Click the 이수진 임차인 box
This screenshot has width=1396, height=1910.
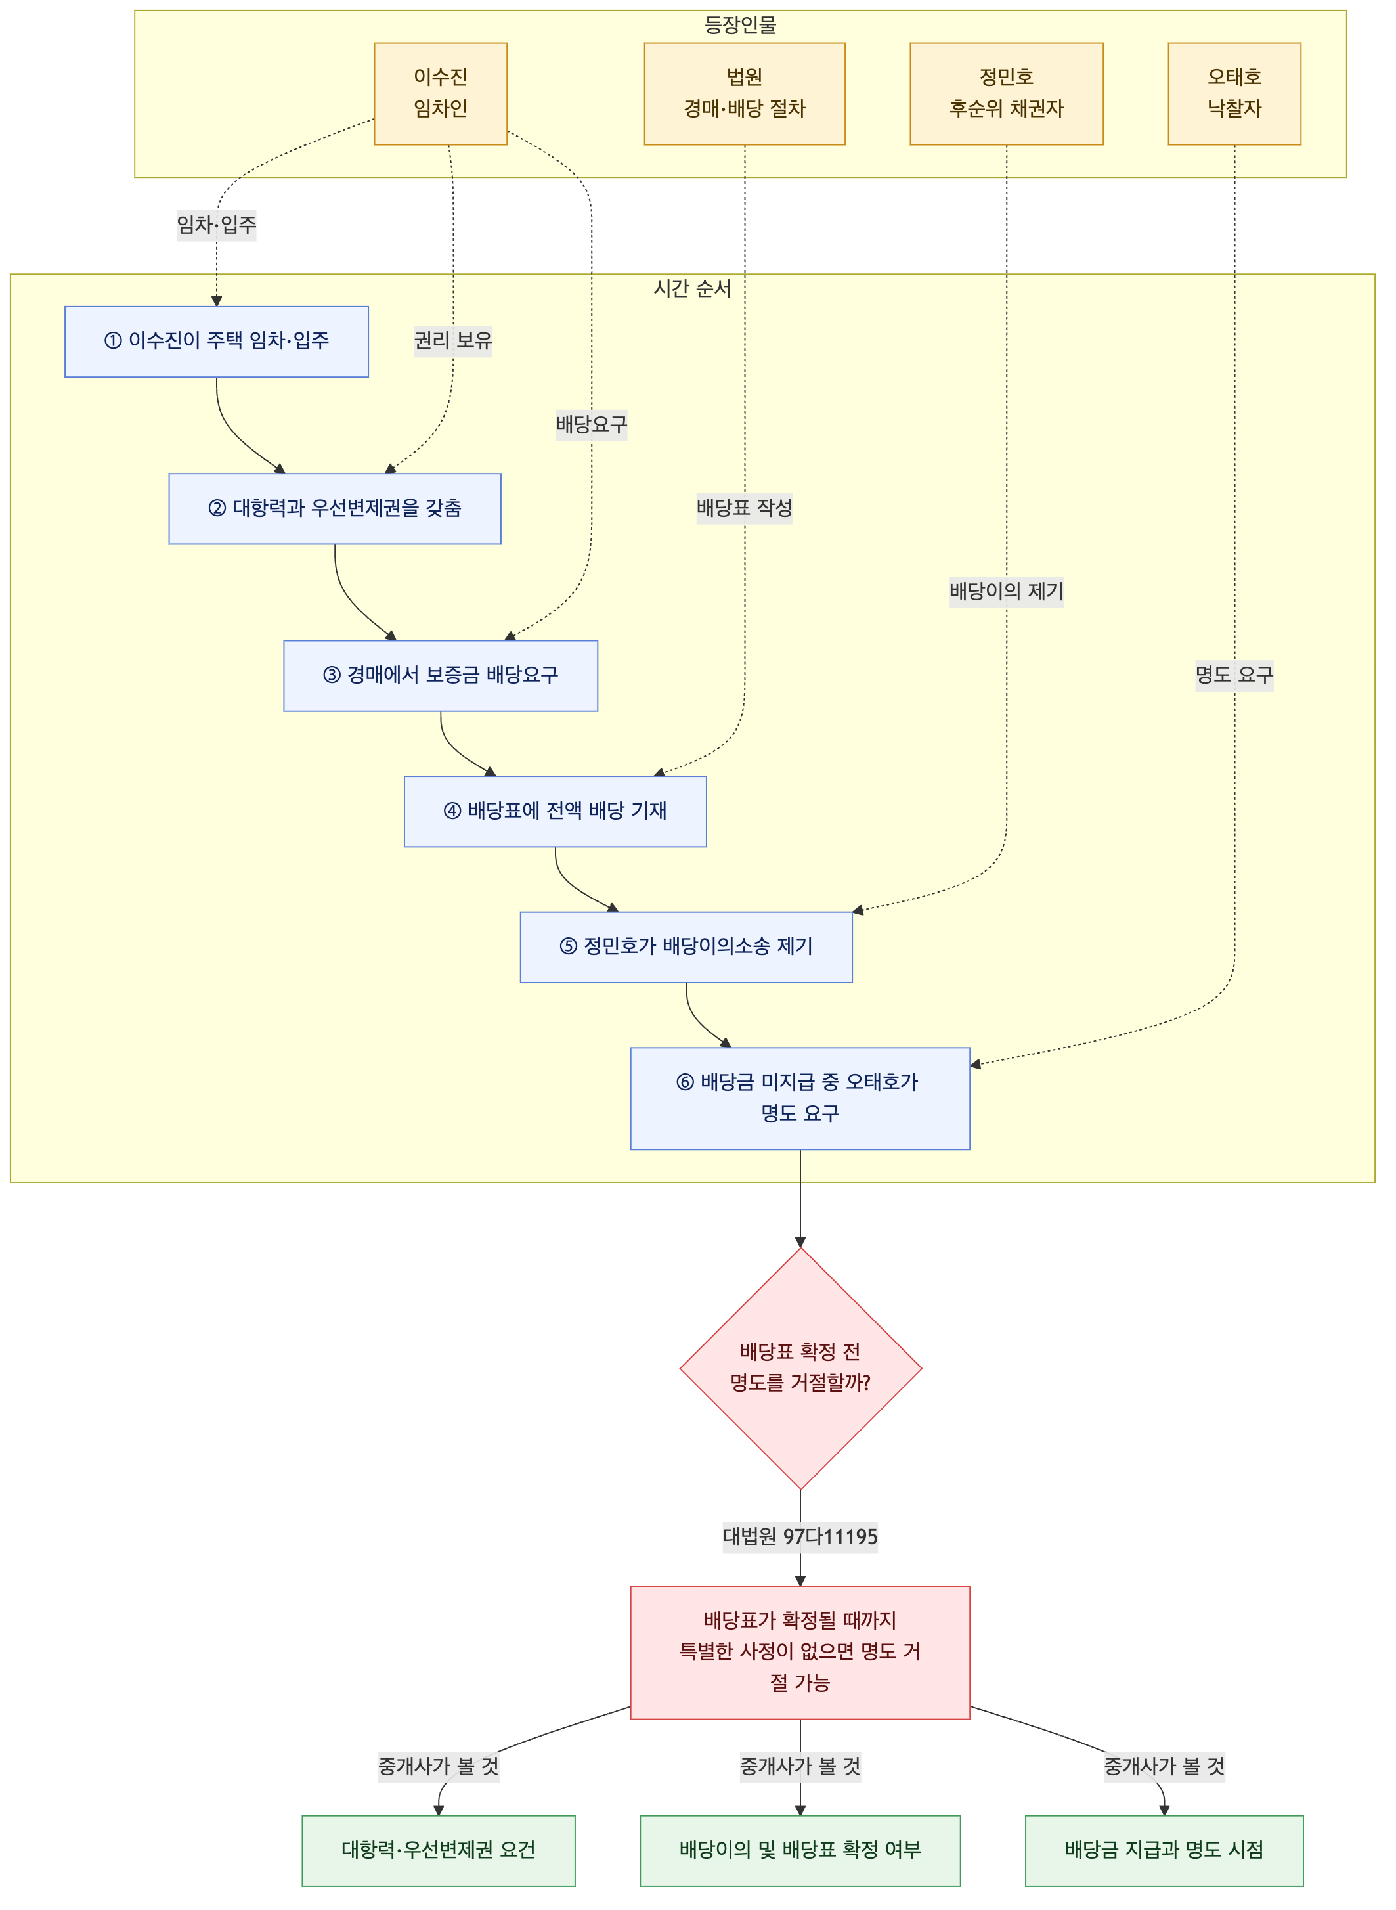click(x=440, y=94)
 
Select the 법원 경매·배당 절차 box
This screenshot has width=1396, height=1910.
click(x=745, y=94)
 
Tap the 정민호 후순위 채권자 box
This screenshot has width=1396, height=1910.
click(x=1007, y=94)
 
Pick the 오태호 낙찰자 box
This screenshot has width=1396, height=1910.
click(x=1234, y=94)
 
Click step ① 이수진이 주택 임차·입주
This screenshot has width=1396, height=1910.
click(x=216, y=342)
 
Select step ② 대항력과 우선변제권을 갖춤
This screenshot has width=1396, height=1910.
click(x=335, y=509)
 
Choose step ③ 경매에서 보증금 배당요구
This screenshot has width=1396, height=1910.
click(x=440, y=676)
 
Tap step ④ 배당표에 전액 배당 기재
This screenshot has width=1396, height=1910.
click(x=556, y=811)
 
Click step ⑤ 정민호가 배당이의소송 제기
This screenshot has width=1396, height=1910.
click(x=686, y=947)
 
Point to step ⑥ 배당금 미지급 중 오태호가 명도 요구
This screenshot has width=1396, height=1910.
click(x=800, y=1099)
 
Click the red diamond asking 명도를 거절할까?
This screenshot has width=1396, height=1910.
click(x=800, y=1368)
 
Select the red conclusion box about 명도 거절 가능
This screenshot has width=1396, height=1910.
click(x=800, y=1653)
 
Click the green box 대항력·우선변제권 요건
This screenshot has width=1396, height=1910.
click(x=439, y=1851)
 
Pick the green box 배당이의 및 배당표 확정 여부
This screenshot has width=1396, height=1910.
click(x=800, y=1851)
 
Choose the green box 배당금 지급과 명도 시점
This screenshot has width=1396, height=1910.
click(x=1164, y=1851)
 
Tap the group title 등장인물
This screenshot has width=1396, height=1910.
click(x=740, y=24)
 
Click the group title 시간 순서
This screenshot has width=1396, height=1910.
click(x=692, y=288)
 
